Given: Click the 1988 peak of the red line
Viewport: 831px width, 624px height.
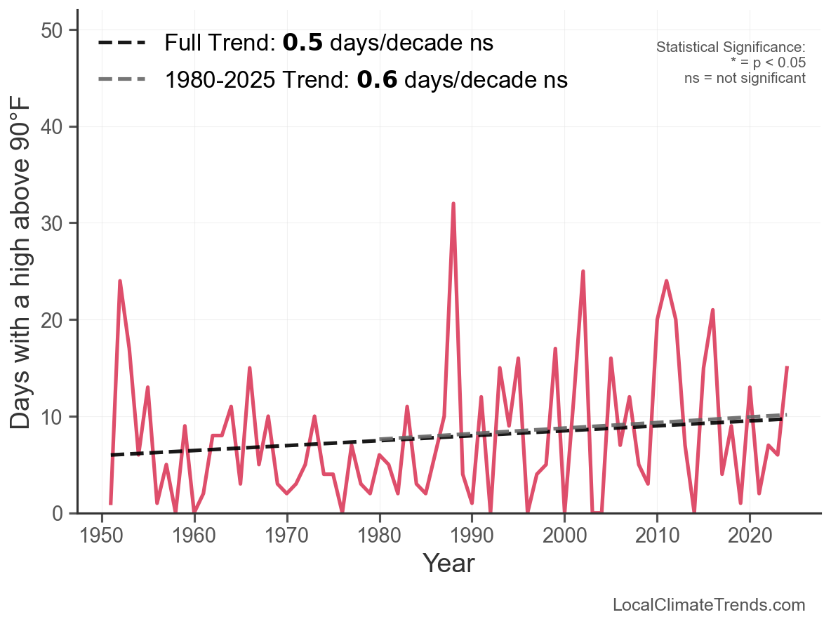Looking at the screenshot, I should point(453,204).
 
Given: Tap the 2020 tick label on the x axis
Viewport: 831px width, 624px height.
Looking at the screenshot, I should point(750,536).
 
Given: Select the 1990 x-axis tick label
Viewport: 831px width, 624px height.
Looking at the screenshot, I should point(472,536).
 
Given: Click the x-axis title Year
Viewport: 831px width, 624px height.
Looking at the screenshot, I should point(448,564).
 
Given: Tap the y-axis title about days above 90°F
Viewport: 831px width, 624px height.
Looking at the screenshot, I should point(22,272).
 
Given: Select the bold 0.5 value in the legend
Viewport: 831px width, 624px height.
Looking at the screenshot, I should point(303,43).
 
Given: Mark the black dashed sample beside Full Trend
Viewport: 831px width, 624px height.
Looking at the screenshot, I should point(121,43).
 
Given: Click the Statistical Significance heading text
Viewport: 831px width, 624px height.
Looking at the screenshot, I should point(730,47).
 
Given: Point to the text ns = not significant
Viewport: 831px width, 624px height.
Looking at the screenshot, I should point(745,78).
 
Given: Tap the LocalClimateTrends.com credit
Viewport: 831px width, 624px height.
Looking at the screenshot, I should point(709,605).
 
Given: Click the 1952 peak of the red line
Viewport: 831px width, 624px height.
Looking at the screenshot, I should point(120,281).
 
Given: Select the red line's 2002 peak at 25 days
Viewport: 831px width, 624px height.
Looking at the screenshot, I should point(583,271).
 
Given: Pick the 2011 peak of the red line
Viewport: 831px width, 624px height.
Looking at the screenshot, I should point(666,281).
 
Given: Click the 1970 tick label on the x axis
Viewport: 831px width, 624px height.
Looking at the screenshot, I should point(287,536).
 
